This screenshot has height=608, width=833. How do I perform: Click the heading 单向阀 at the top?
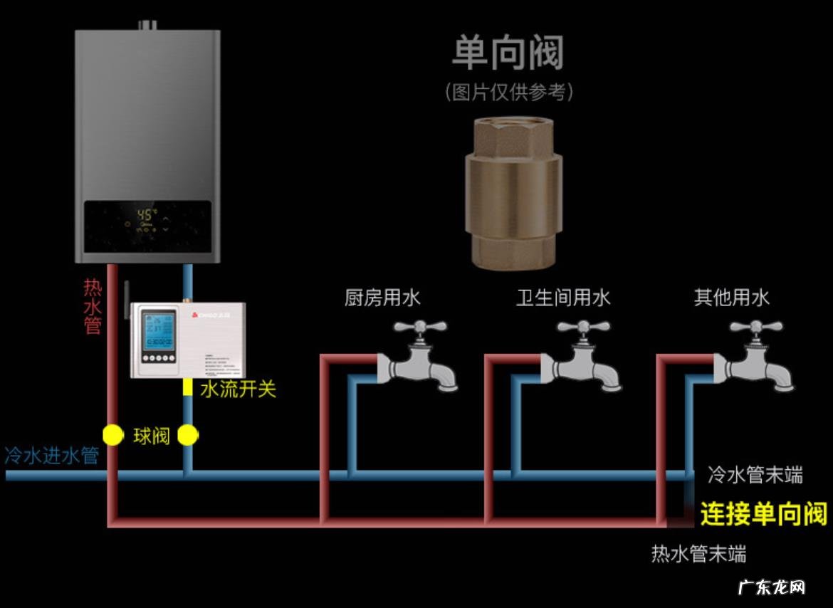(x=508, y=53)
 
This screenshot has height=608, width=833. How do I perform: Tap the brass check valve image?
(x=513, y=194)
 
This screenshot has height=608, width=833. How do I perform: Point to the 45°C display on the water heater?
(x=147, y=214)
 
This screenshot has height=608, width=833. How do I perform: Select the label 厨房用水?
(x=382, y=297)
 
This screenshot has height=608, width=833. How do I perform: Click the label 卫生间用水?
(x=563, y=297)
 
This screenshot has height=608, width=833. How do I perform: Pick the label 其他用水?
(x=732, y=297)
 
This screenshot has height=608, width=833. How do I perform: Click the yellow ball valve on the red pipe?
(x=112, y=435)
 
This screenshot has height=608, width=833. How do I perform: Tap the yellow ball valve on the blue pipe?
(x=187, y=435)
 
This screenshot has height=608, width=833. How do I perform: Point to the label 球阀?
(x=151, y=436)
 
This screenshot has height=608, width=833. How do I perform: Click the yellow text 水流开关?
(x=238, y=389)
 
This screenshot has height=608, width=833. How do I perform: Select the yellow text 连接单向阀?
(x=763, y=513)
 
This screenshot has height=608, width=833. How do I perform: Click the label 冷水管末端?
(x=755, y=475)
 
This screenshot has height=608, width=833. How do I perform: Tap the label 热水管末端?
(x=698, y=554)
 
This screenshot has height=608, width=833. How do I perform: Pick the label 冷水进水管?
(x=51, y=456)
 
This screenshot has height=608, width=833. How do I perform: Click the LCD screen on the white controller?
(x=156, y=332)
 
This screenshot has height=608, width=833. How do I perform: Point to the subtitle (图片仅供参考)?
(x=508, y=92)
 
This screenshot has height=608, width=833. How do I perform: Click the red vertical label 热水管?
(x=93, y=306)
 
